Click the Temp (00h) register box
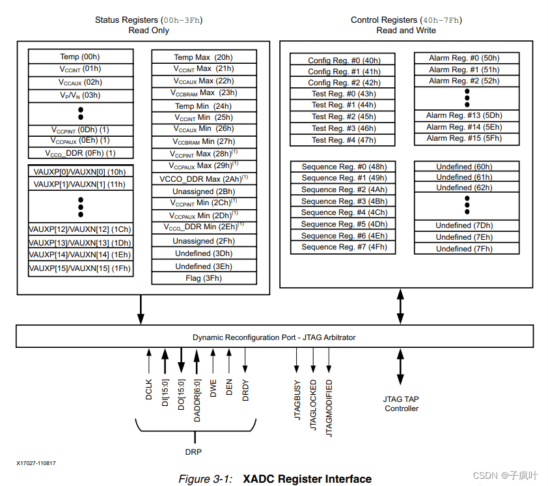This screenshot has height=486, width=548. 80,57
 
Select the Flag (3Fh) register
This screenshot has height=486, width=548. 204,278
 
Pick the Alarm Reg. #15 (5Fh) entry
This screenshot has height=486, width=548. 464,139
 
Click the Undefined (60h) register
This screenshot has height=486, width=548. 464,167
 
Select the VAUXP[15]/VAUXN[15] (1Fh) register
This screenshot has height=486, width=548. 80,268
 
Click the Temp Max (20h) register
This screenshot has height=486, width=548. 204,57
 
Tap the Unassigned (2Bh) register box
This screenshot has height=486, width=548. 204,192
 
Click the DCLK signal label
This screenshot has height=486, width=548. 149,390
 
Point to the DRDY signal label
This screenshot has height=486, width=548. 245,390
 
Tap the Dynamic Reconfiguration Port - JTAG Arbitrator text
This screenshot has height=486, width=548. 274,337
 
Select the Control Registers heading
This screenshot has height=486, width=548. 406,20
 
